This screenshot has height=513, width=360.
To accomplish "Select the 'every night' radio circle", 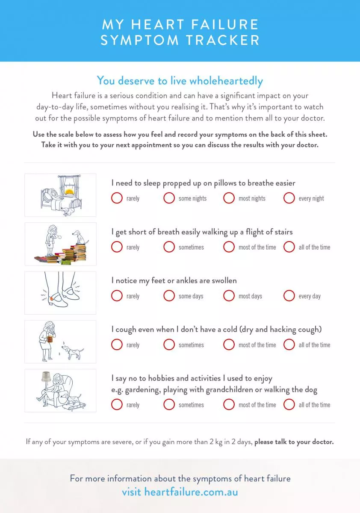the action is tap(289, 198).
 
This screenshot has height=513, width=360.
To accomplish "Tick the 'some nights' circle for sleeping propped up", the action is tap(169, 198).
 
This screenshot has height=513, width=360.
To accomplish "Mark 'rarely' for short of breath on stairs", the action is tap(117, 247).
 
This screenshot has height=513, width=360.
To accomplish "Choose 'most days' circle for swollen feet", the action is tap(229, 296).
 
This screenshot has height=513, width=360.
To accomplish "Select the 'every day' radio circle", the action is tap(289, 296).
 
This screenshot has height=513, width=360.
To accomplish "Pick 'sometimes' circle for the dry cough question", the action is tap(169, 345).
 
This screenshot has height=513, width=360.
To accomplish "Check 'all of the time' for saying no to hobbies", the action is tap(289, 404).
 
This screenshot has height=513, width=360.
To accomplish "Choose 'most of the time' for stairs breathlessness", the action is tap(229, 247).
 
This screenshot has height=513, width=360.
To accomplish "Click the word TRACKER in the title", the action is tap(222, 40).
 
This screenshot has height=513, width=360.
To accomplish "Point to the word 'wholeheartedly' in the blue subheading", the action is tap(226, 81).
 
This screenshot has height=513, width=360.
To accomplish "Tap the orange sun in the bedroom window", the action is tap(69, 192).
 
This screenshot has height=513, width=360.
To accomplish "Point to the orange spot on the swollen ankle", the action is tap(51, 298).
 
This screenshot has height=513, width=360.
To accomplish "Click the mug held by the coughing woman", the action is tap(50, 339).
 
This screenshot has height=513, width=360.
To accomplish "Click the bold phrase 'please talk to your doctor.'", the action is tap(294, 442).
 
